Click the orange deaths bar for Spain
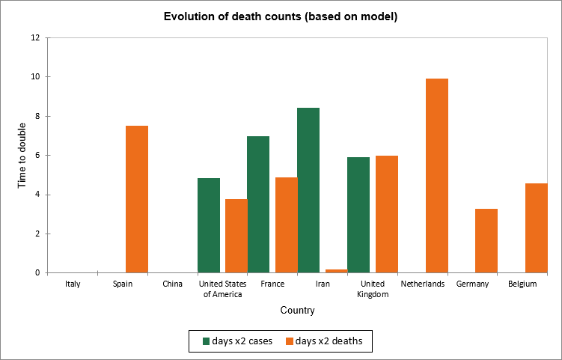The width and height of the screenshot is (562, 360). click(137, 199)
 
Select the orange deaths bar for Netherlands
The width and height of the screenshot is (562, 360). click(436, 176)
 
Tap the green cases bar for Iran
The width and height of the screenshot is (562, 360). click(308, 190)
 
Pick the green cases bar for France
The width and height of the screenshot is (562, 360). click(258, 204)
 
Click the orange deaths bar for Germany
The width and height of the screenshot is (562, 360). click(486, 240)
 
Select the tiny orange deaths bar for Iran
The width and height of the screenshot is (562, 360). click(336, 271)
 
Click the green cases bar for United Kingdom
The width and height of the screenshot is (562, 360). click(358, 215)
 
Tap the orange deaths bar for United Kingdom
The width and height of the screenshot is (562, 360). click(386, 214)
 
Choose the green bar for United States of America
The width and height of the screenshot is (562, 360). click(209, 225)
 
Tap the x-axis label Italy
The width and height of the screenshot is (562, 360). click(73, 284)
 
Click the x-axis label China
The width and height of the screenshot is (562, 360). click(172, 284)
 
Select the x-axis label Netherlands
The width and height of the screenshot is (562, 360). click(423, 284)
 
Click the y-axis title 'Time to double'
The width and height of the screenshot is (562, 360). click(22, 156)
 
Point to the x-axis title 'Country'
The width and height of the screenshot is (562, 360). click(297, 311)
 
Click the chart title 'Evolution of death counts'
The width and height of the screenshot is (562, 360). click(281, 17)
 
